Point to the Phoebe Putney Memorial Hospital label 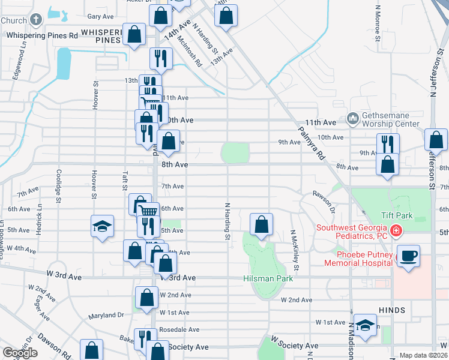click(x=359, y=258)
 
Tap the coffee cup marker click(x=408, y=256)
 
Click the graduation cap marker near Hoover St click(x=102, y=227)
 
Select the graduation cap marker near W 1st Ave click(x=364, y=326)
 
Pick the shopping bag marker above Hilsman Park click(x=261, y=225)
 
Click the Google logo click(x=20, y=353)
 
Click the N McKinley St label click(x=294, y=249)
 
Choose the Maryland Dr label click(x=106, y=315)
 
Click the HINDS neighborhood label click(x=392, y=310)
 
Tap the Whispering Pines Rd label click(x=42, y=35)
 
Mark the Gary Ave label click(x=100, y=17)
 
